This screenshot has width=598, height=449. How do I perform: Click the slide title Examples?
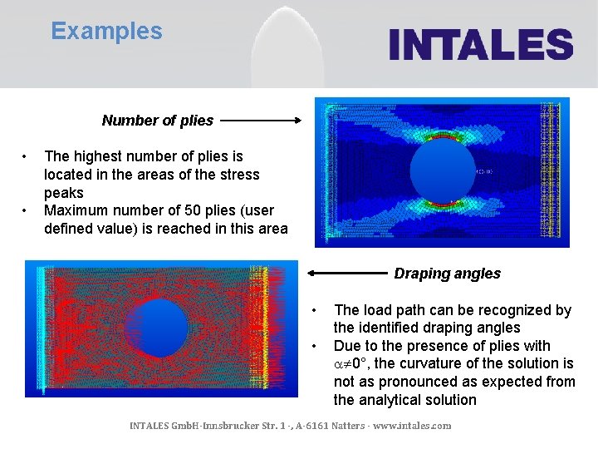(106, 32)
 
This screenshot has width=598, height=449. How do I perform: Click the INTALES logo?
(481, 44)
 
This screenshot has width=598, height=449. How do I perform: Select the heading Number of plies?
(157, 121)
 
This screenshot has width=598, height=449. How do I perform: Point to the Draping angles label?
(447, 274)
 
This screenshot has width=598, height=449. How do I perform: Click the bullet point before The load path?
(314, 310)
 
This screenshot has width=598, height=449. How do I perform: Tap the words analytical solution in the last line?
(404, 400)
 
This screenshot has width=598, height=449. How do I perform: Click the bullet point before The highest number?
(27, 156)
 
